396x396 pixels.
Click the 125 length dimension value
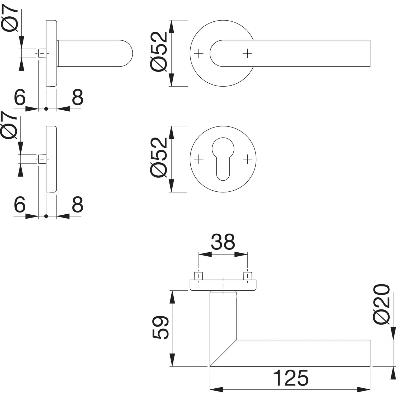click(x=290, y=378)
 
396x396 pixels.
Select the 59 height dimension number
click(x=160, y=327)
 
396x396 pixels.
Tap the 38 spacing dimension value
click(x=223, y=242)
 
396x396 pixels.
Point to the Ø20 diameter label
click(x=381, y=304)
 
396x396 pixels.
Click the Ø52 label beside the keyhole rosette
click(x=159, y=158)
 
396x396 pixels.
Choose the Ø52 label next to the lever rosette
click(x=159, y=52)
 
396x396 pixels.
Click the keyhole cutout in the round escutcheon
click(x=223, y=158)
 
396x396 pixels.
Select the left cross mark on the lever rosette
click(x=199, y=54)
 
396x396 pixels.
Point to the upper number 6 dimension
click(x=20, y=97)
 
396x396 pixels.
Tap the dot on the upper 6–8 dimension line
click(x=46, y=109)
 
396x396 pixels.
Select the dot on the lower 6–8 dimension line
click(x=46, y=216)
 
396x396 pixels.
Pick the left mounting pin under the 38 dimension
click(x=199, y=276)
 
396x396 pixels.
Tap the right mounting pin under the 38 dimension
click(x=247, y=276)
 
